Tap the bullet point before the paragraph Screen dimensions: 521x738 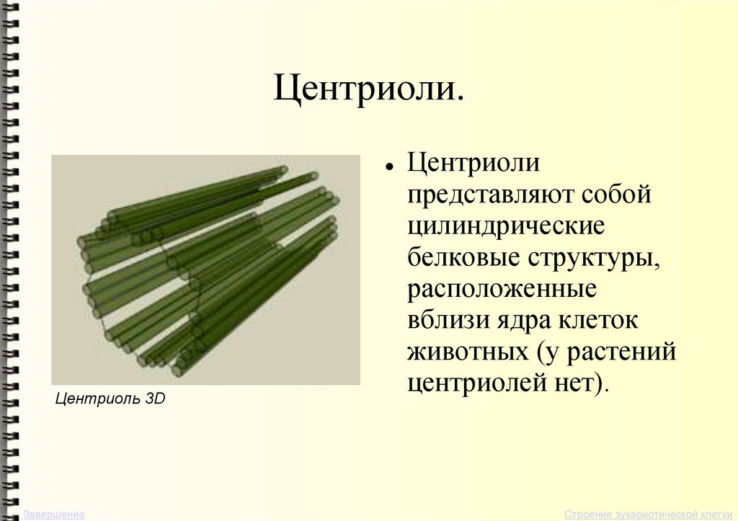click(x=388, y=166)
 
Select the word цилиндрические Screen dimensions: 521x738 click(x=507, y=226)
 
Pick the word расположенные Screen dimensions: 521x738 click(x=502, y=288)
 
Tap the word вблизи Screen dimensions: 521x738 click(x=446, y=319)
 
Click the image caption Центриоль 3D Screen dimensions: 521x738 click(x=110, y=398)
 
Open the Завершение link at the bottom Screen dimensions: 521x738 click(x=54, y=515)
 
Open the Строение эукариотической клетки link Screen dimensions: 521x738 click(x=649, y=515)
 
